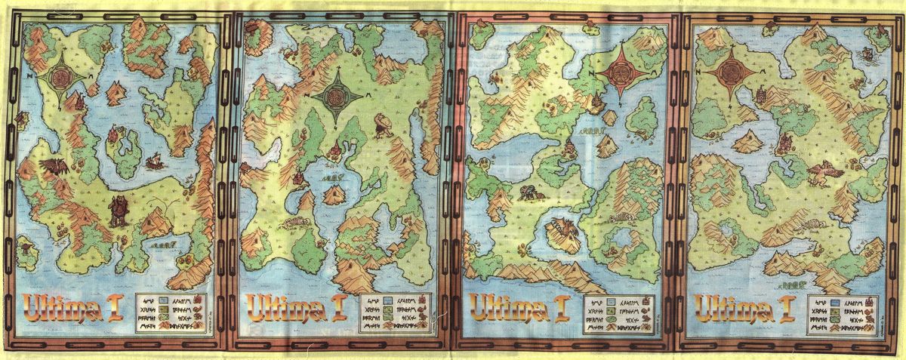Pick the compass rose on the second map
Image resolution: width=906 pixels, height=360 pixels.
point(335,94)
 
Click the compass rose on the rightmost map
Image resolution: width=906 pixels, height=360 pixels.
point(730,72)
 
